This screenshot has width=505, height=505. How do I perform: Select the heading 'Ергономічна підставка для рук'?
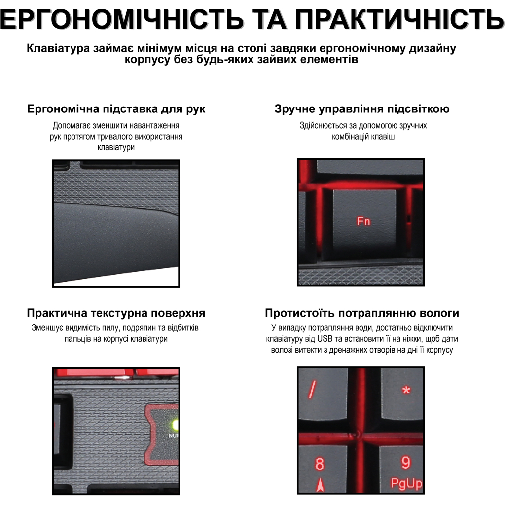(x=116, y=109)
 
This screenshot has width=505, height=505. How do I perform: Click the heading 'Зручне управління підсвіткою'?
(x=362, y=109)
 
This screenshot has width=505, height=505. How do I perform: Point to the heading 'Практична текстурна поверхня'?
(x=116, y=313)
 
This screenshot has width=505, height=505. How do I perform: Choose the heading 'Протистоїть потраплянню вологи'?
(x=362, y=313)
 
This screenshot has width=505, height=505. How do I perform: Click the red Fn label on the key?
(x=363, y=222)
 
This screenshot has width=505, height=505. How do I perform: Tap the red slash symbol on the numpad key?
(x=312, y=390)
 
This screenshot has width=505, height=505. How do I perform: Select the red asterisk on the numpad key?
(x=406, y=390)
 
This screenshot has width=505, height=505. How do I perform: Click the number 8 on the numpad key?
(x=320, y=464)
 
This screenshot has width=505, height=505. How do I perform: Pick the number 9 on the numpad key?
(x=406, y=463)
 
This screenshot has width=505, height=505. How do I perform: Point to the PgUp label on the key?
(x=406, y=484)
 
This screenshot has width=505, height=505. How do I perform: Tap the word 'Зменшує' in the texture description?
(x=45, y=327)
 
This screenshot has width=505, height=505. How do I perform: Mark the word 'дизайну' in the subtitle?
(x=435, y=48)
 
